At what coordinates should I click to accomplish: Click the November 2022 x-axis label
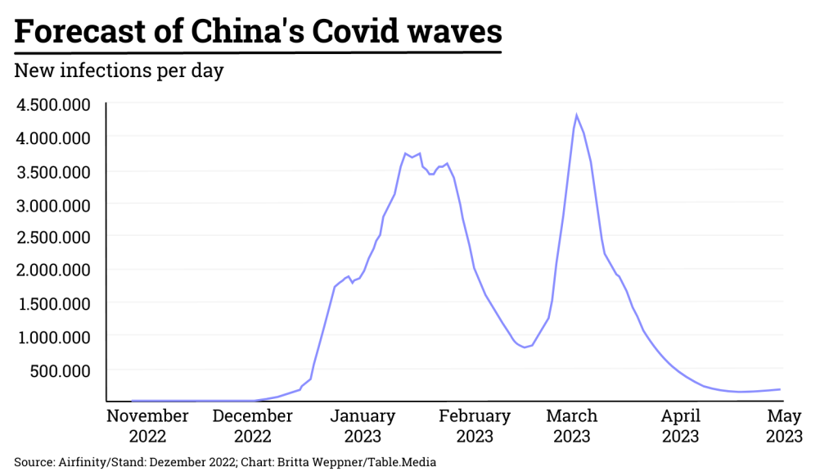[147, 426]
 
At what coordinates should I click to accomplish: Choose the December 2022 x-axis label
[252, 426]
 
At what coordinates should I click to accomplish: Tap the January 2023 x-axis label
[363, 426]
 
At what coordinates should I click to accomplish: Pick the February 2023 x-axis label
[475, 426]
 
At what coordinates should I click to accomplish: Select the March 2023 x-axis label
[572, 426]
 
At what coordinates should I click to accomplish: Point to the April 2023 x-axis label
[681, 426]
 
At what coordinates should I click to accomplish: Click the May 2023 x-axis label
[784, 426]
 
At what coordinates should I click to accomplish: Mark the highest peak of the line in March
[576, 116]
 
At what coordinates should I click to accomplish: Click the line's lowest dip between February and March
[524, 347]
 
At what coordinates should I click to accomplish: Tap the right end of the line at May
[779, 389]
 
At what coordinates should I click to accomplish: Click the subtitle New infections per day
[119, 70]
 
